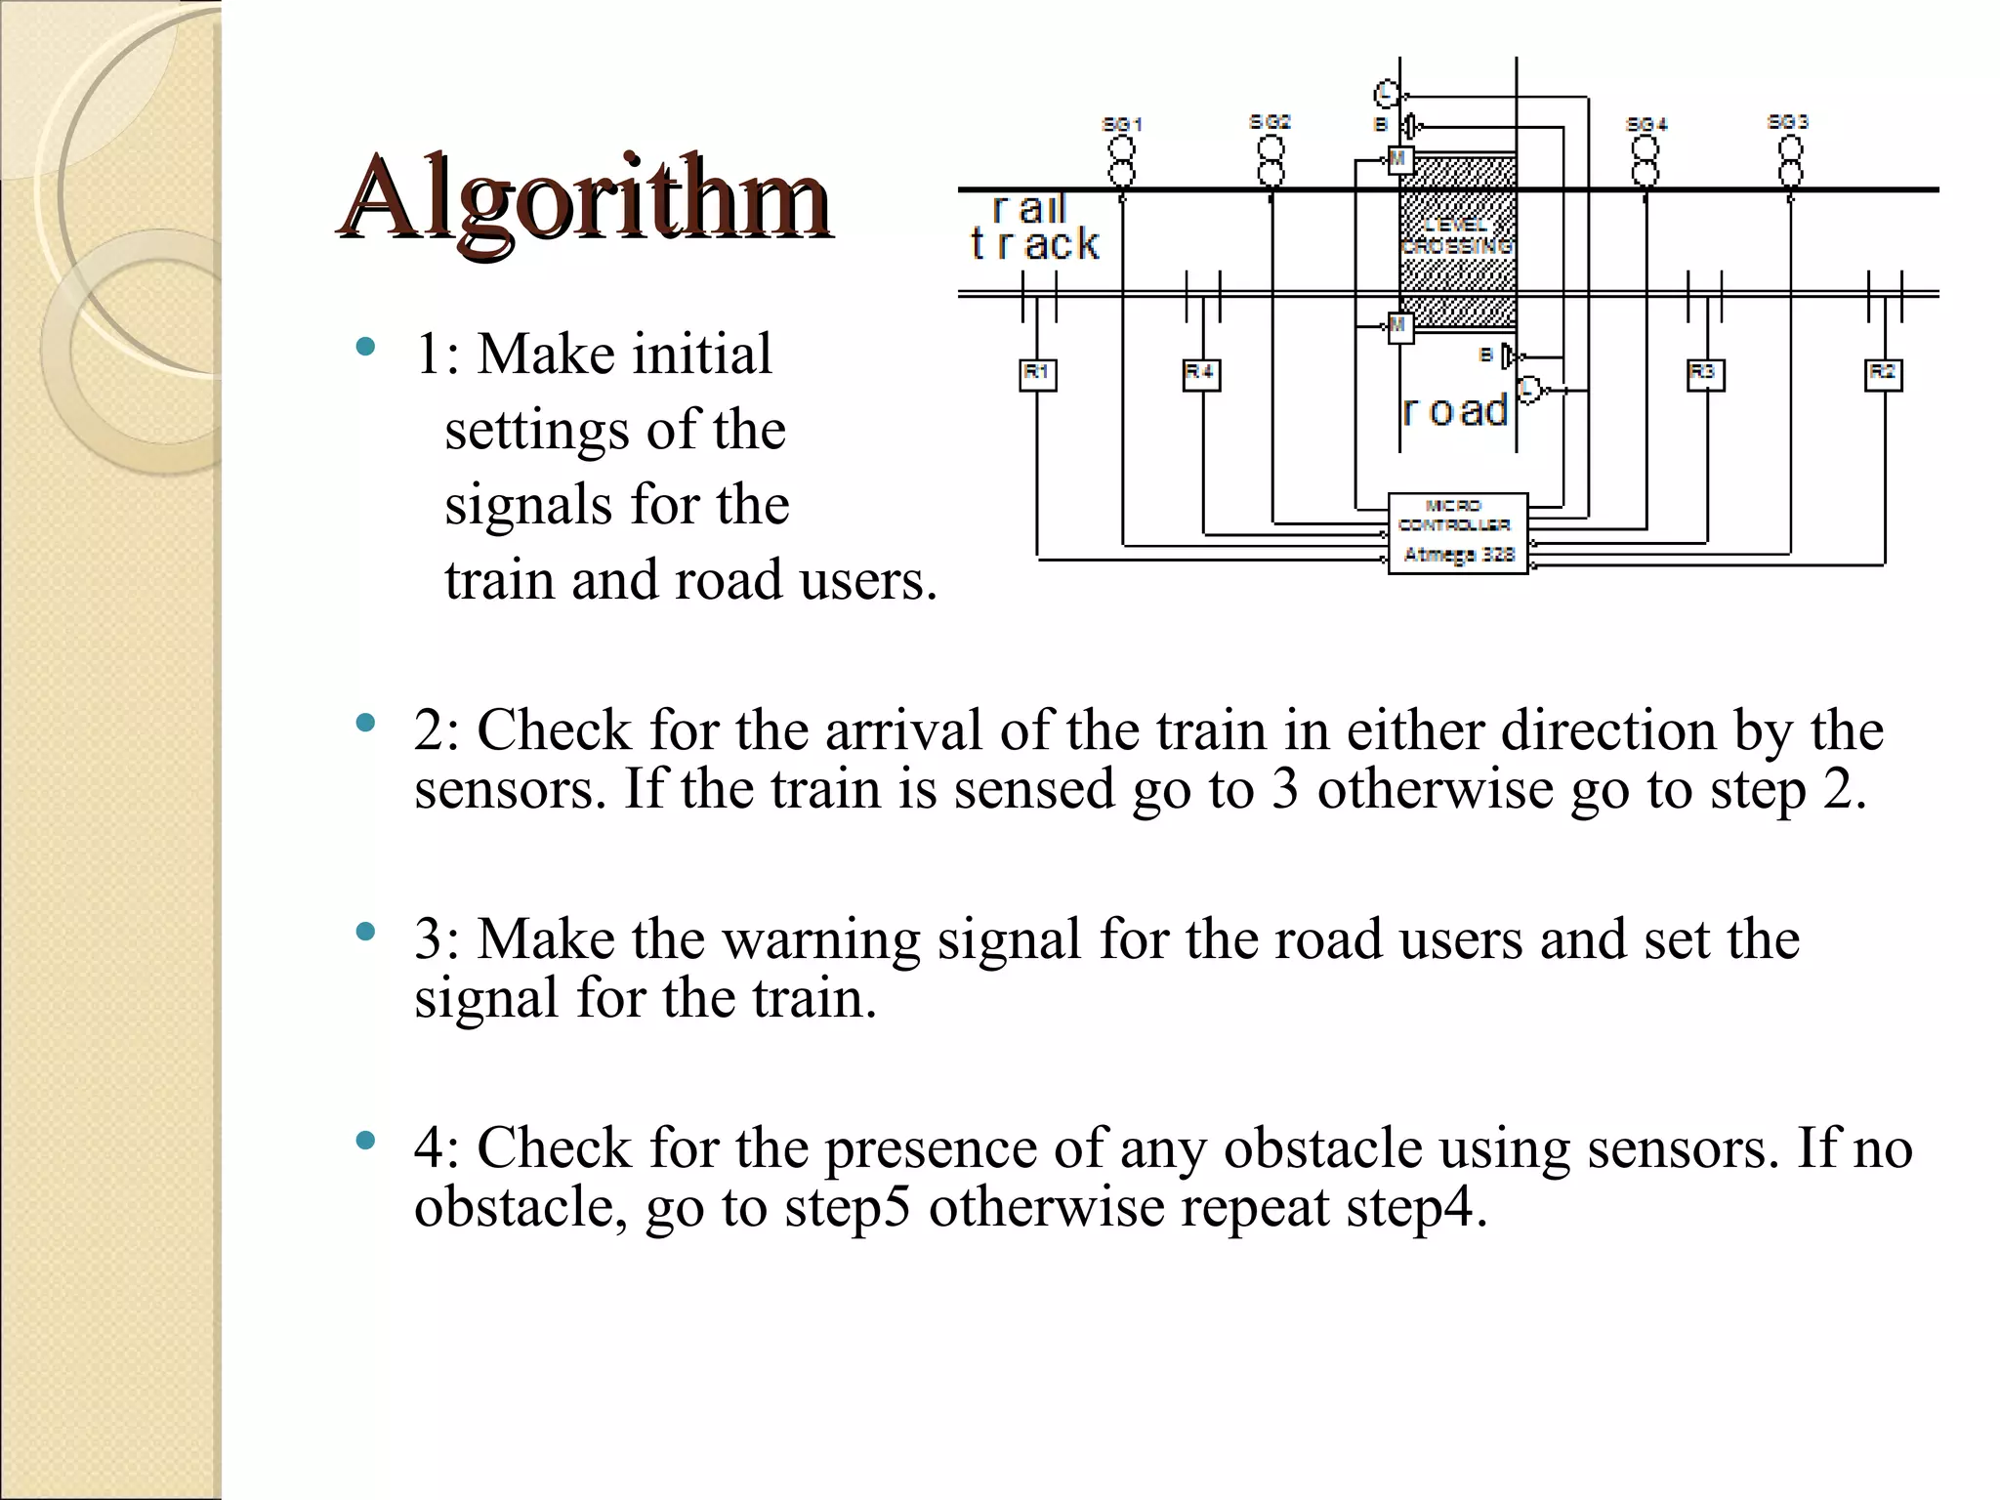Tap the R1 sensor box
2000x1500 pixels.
click(x=1037, y=374)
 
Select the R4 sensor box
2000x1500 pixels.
click(x=1200, y=374)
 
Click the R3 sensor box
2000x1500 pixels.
click(x=1705, y=374)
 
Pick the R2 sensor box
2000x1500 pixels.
click(x=1883, y=374)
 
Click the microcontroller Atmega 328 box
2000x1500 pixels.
click(x=1457, y=533)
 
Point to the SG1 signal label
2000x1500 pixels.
click(x=1122, y=124)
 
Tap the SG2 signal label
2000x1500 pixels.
click(x=1270, y=122)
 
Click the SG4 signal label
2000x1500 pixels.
click(x=1646, y=124)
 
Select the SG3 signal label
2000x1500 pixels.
click(x=1788, y=122)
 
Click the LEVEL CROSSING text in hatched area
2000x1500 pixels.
click(x=1456, y=236)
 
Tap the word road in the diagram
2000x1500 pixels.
click(x=1455, y=411)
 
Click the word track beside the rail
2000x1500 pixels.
click(x=1035, y=244)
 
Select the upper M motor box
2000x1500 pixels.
click(x=1400, y=159)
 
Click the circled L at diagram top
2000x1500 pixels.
click(x=1387, y=94)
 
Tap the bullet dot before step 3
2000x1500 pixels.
click(x=365, y=932)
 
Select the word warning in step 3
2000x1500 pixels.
click(x=820, y=939)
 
